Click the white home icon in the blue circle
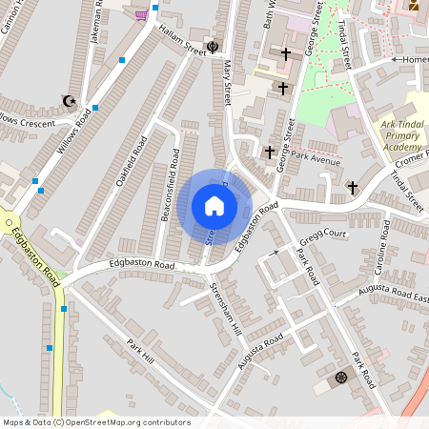[214, 206]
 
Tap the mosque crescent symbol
[68, 100]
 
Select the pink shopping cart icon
[142, 14]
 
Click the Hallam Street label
[182, 42]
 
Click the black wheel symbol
[340, 378]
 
